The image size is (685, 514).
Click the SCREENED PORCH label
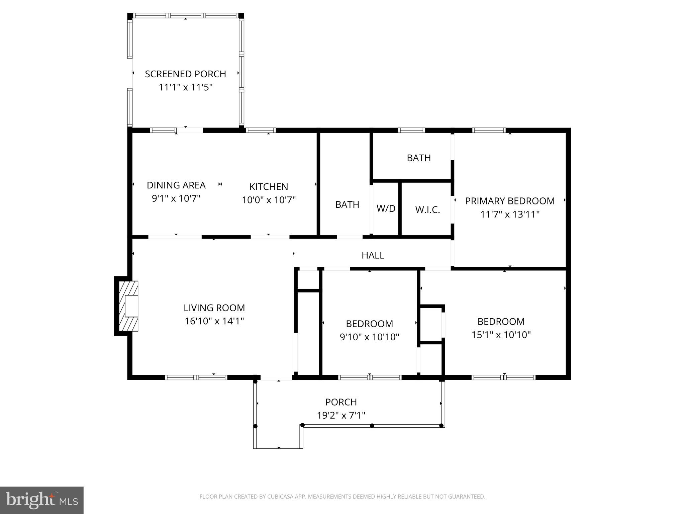point(185,74)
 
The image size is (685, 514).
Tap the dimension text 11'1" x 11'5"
point(185,87)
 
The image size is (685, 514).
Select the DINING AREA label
point(176,185)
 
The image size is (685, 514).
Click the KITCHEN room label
point(269,186)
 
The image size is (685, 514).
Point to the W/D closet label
point(386,208)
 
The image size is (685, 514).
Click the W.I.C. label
point(427,210)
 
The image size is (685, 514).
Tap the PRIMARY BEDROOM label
point(509,201)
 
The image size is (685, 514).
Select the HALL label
point(373,255)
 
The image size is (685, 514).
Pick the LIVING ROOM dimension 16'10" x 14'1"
point(214,321)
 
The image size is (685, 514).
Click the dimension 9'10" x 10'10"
point(369,337)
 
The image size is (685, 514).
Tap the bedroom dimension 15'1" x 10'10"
point(501,335)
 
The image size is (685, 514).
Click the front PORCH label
point(341,402)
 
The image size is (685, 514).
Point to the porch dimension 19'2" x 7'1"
point(341,415)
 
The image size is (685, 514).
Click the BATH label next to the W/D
point(347,204)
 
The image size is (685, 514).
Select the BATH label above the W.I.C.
point(418,158)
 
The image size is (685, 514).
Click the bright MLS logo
point(41,500)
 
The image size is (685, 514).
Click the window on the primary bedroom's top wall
point(488,130)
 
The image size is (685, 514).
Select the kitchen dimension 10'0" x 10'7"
point(269,200)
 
